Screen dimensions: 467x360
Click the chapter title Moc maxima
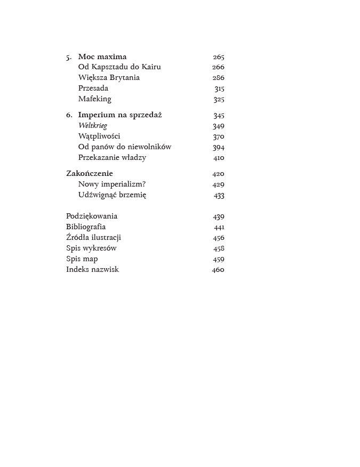point(102,57)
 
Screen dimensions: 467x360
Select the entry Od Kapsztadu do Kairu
point(119,67)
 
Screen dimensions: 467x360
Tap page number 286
point(218,78)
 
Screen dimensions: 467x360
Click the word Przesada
point(93,88)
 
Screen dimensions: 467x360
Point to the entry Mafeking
point(95,99)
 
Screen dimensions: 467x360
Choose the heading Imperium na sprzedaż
point(120,115)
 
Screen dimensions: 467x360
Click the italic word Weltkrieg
point(93,126)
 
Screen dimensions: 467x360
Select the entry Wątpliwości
point(99,136)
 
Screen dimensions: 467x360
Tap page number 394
point(218,147)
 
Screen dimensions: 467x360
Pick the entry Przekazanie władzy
point(112,158)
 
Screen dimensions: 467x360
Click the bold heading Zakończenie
point(90,174)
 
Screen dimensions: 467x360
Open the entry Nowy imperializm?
point(112,184)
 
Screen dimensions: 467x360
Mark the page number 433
point(219,195)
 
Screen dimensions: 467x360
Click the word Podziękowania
point(92,216)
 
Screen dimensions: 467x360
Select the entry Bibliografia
point(86,227)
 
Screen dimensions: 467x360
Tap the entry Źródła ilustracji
point(94,238)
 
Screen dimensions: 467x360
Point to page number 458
point(219,248)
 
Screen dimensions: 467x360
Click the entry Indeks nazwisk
point(93,270)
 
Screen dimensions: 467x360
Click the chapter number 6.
point(69,115)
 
